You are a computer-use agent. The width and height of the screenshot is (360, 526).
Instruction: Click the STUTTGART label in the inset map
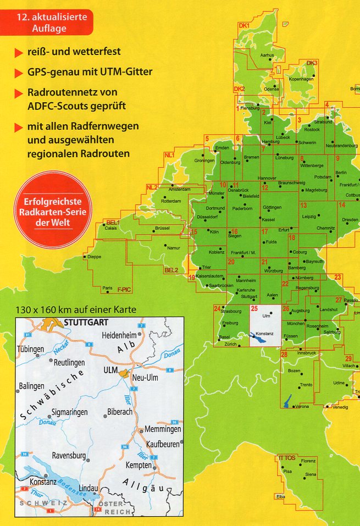point(87,323)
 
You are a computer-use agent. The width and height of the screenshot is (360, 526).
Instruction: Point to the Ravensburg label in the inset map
point(68,456)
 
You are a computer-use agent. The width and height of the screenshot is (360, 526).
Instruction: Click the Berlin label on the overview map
point(341,173)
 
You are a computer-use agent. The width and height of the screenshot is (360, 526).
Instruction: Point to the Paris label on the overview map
point(107,288)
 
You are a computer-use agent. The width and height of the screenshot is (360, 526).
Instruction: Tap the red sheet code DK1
point(244,26)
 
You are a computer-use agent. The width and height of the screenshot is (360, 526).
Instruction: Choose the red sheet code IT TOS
point(287,457)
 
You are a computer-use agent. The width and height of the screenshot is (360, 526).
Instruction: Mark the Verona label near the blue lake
point(302,406)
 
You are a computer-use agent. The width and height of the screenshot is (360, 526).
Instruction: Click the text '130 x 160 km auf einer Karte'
point(76,309)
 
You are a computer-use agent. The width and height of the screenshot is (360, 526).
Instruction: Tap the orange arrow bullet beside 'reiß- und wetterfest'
point(18,53)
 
